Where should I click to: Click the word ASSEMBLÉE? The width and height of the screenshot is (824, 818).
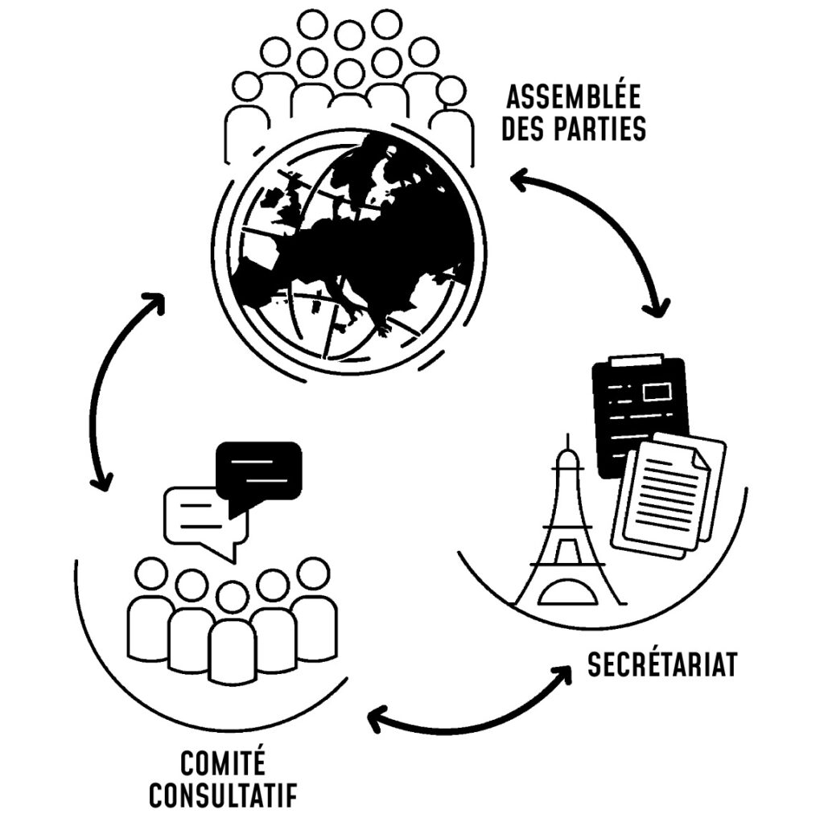pos(572,98)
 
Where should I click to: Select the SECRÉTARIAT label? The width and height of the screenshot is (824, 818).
pos(661,666)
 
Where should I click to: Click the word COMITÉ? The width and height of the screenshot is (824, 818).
pos(223,763)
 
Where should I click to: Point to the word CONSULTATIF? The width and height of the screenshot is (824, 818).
pos(223,795)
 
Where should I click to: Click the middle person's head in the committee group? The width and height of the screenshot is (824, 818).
pos(232,597)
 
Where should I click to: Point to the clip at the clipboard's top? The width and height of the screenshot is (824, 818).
pos(637,359)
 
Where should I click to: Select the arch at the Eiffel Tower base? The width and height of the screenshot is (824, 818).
pos(569,594)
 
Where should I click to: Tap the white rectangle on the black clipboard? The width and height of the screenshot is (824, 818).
pos(658,392)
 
